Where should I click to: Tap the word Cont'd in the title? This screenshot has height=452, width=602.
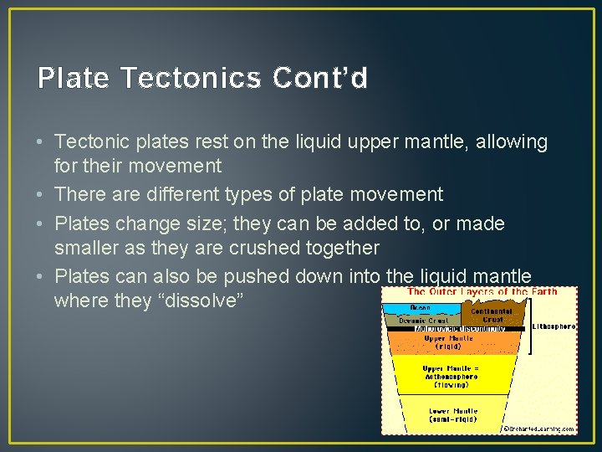[319, 78]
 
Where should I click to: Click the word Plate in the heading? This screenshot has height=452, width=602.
[74, 78]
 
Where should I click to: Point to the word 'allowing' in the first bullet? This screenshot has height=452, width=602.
[513, 142]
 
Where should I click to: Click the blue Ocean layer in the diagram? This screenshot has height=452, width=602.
[421, 307]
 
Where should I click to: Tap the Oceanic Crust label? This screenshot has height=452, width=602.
[423, 320]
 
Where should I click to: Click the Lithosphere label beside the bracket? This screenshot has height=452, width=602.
[554, 326]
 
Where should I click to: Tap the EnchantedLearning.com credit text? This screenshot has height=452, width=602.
[541, 429]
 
